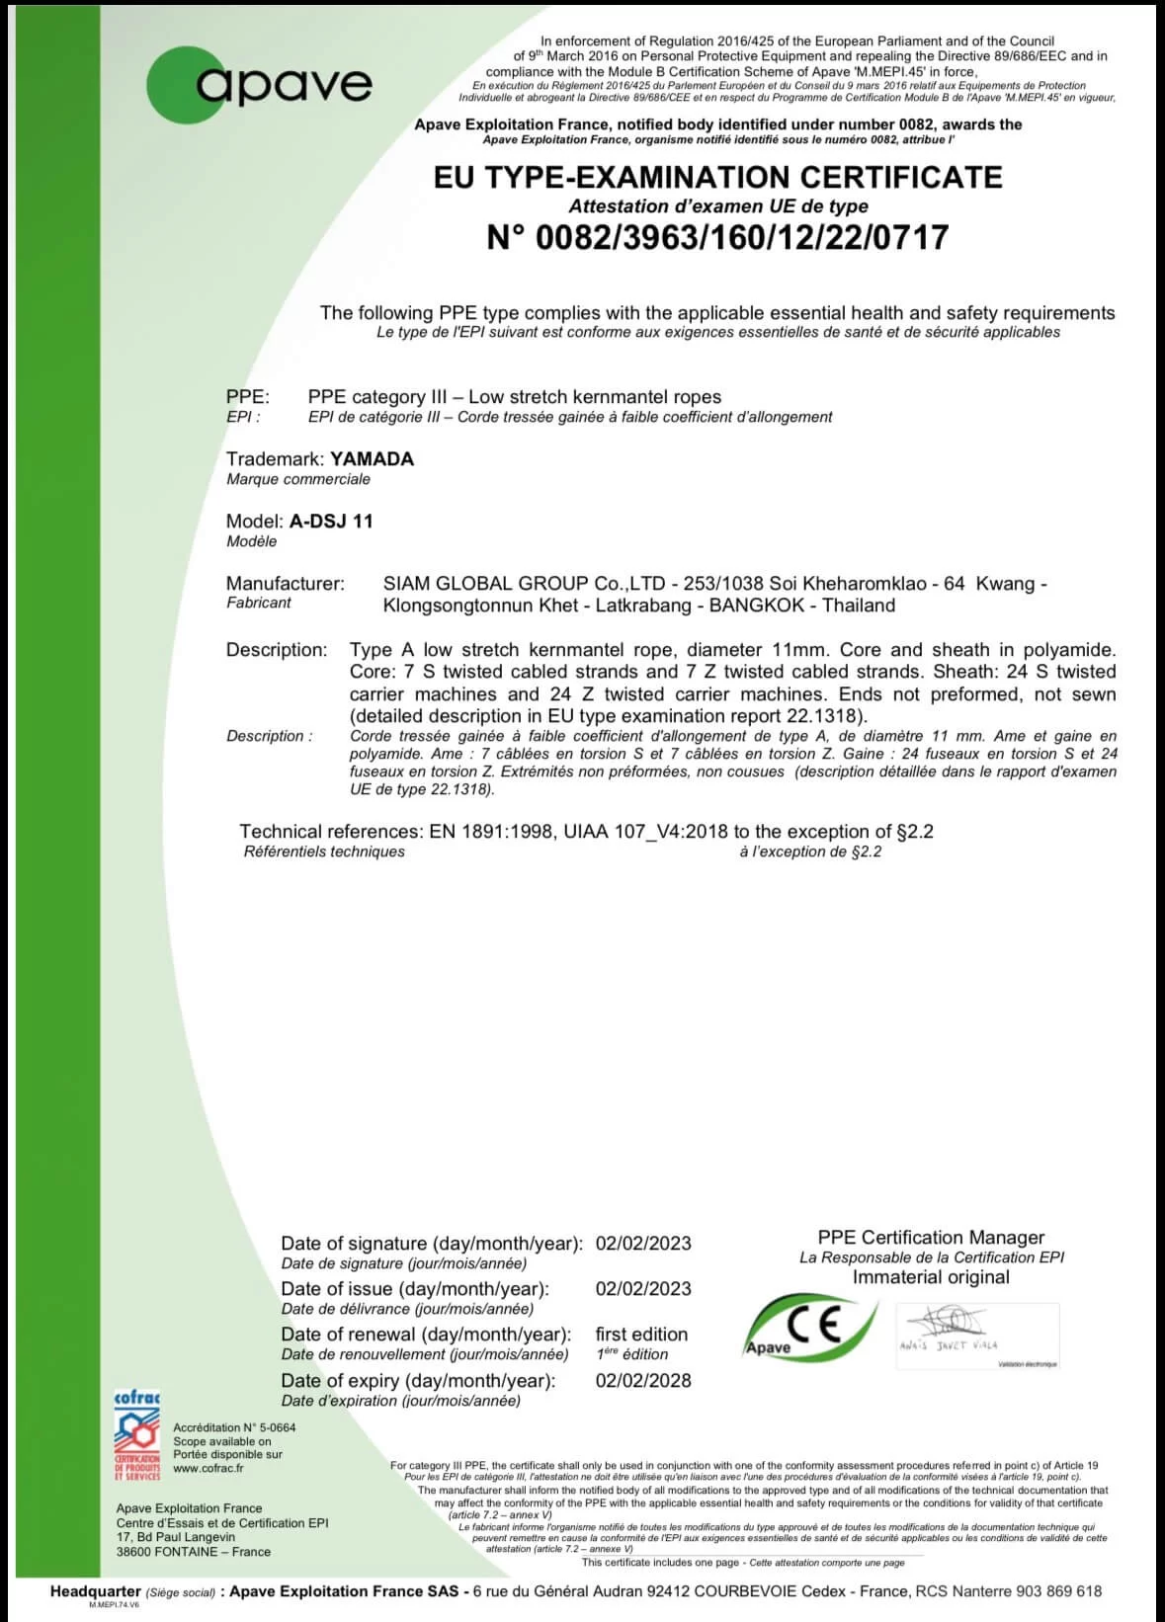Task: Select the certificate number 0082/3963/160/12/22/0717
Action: pyautogui.click(x=717, y=238)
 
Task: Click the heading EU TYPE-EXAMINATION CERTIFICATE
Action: pyautogui.click(x=717, y=177)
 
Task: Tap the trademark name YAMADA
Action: pyautogui.click(x=372, y=458)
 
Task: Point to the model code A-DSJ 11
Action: pyautogui.click(x=331, y=521)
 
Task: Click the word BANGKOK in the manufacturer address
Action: pyautogui.click(x=754, y=606)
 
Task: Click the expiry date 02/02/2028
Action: pyautogui.click(x=643, y=1380)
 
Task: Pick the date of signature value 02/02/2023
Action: pyautogui.click(x=643, y=1244)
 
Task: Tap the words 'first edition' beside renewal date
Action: pyautogui.click(x=641, y=1335)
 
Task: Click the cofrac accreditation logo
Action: pyautogui.click(x=137, y=1435)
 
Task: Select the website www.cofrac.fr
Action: pyautogui.click(x=208, y=1468)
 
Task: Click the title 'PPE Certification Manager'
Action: pyautogui.click(x=931, y=1237)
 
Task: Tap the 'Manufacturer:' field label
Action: pyautogui.click(x=285, y=583)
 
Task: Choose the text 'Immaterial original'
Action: pyautogui.click(x=931, y=1277)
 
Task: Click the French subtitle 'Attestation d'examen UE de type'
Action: pyautogui.click(x=717, y=206)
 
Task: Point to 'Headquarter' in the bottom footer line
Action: pyautogui.click(x=95, y=1591)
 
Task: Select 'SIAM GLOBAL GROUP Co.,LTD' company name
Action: pyautogui.click(x=524, y=583)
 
